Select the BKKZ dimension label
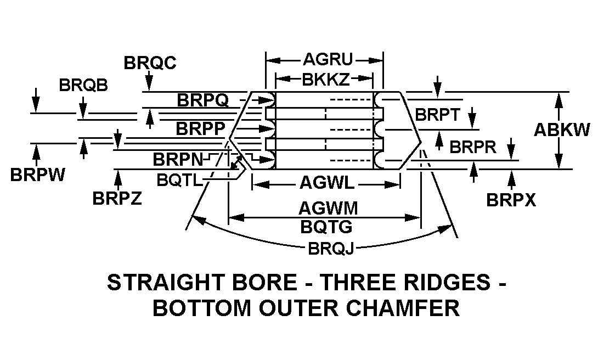coord(325,80)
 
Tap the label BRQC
coord(150,63)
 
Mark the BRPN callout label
coord(177,160)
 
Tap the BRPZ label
coord(117,198)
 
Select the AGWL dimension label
coord(326,183)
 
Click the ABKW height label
coord(562,130)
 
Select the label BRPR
coord(472,147)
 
